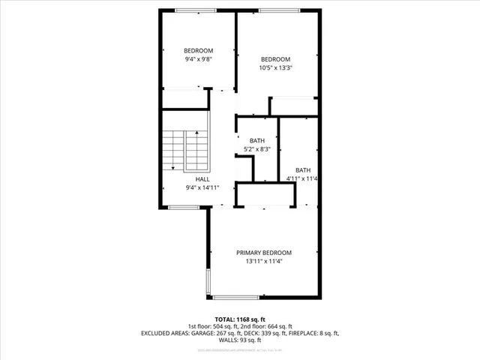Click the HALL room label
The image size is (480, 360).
(202, 179)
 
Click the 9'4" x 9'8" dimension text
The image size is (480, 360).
(199, 59)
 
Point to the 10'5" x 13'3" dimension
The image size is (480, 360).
(275, 67)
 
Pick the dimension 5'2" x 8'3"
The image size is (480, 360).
(257, 149)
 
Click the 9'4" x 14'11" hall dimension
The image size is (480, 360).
(202, 187)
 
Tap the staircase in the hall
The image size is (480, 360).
(184, 150)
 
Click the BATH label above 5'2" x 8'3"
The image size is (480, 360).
(257, 141)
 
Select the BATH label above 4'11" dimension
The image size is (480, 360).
(302, 169)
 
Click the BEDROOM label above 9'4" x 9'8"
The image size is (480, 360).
(199, 51)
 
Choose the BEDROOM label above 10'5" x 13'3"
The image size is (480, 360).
(275, 59)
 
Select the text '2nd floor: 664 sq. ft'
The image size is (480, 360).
(272, 327)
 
